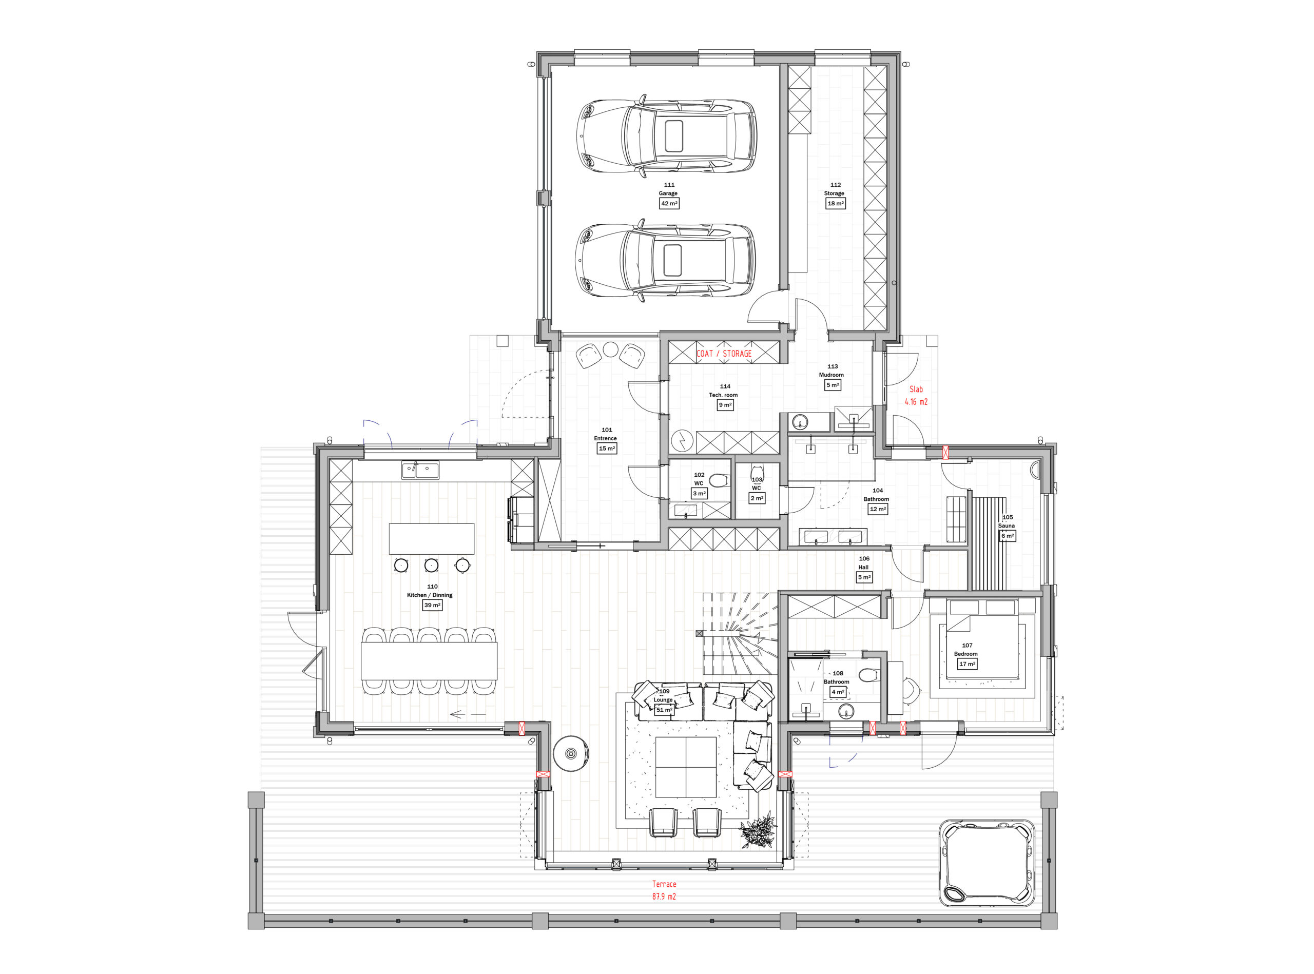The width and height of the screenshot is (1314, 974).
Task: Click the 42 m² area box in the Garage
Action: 669,203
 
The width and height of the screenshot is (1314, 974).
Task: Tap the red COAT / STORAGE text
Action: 724,354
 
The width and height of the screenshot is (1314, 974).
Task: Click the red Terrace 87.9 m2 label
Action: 664,890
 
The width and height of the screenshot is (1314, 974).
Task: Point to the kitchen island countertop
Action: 431,538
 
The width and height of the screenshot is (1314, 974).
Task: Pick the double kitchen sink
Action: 420,470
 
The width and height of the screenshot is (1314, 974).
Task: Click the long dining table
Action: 429,660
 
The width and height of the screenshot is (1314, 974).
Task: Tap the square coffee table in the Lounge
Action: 686,767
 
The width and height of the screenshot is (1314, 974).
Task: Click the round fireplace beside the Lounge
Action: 571,753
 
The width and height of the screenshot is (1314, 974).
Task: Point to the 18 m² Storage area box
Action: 835,203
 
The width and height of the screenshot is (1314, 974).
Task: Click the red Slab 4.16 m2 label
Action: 916,396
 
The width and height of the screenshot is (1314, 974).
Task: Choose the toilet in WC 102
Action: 719,480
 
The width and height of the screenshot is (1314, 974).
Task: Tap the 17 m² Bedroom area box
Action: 967,664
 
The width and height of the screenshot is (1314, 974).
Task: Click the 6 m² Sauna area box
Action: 1007,536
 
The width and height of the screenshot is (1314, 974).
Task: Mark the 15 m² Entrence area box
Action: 606,449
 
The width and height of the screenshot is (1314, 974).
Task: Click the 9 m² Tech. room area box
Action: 725,405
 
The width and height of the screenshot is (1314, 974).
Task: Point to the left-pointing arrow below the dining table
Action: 468,714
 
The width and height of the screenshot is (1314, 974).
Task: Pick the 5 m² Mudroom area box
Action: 832,385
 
